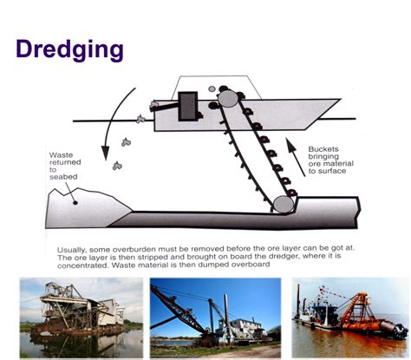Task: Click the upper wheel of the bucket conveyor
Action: tap(228, 99)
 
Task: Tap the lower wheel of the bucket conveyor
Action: tap(283, 205)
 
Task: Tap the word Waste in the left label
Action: tap(62, 155)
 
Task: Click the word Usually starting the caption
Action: tap(75, 245)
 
